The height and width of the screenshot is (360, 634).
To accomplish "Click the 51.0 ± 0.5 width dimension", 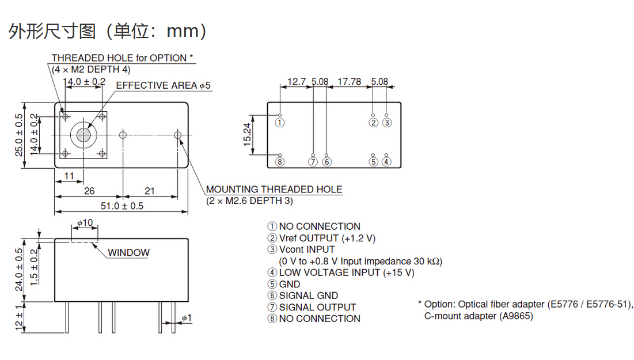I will click(122, 206).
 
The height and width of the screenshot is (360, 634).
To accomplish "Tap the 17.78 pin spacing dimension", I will click(349, 82).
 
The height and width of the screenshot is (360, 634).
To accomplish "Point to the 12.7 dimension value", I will click(297, 82).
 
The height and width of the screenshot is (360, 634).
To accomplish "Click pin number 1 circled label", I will click(280, 122).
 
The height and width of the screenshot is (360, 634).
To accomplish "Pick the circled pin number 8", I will click(280, 162).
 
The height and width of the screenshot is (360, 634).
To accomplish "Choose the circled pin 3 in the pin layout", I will click(387, 122).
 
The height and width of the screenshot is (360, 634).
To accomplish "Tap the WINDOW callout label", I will click(128, 252).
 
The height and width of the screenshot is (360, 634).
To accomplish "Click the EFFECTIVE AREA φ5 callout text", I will click(164, 85).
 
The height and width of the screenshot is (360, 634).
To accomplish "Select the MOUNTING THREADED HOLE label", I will click(274, 189).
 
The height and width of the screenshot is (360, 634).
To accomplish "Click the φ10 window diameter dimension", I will click(85, 223).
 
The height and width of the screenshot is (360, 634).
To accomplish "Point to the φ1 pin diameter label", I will click(187, 318).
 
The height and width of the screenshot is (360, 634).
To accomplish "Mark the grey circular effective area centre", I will click(82, 135).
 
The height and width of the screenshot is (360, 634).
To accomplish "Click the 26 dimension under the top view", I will click(89, 191).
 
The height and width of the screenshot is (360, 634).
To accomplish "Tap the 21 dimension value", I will click(150, 191).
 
